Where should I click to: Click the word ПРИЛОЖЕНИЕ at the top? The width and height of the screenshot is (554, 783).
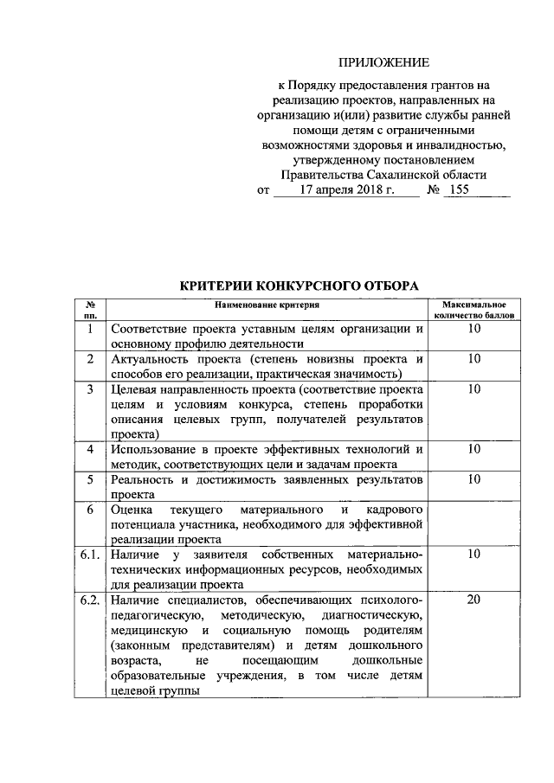click(383, 62)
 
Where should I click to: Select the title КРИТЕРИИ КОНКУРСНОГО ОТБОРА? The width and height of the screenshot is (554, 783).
click(298, 285)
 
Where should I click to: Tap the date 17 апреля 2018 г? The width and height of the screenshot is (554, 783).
click(347, 190)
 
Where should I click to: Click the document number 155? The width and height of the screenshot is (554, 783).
click(459, 190)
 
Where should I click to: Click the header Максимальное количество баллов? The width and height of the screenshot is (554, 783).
click(473, 311)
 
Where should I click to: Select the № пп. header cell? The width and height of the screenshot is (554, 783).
click(90, 311)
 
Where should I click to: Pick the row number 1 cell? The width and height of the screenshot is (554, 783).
click(90, 330)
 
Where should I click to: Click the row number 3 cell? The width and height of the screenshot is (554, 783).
click(90, 390)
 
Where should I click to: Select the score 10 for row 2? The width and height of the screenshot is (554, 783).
click(473, 359)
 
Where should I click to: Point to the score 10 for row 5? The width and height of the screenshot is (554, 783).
click(473, 478)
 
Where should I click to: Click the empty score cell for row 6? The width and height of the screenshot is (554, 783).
click(473, 523)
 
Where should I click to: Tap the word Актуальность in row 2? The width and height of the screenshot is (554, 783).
click(147, 359)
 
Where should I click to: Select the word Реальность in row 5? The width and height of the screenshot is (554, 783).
click(140, 478)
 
